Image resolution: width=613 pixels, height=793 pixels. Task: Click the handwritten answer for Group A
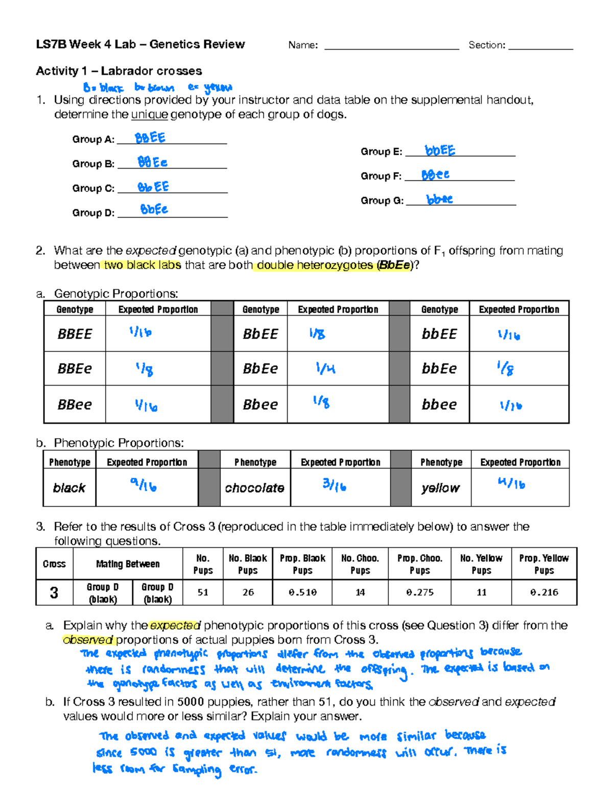click(x=150, y=138)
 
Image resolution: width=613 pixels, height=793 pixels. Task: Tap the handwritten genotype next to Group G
click(x=439, y=200)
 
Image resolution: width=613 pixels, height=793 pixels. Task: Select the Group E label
click(x=381, y=152)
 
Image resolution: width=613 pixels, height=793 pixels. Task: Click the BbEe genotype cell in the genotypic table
click(x=260, y=368)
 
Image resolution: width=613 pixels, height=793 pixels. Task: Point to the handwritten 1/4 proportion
click(x=325, y=368)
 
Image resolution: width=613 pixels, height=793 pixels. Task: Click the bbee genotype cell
click(x=439, y=404)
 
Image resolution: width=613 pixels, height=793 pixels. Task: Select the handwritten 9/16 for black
click(x=143, y=484)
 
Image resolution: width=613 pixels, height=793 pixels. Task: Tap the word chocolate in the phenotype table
click(x=254, y=488)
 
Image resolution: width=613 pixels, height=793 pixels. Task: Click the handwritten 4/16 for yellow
click(x=511, y=483)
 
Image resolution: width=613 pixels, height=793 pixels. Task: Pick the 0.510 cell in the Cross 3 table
click(x=302, y=592)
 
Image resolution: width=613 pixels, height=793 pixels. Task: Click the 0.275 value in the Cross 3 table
click(x=419, y=592)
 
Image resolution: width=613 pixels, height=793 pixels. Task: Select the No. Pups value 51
click(x=203, y=592)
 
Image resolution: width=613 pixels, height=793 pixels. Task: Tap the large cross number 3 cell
click(x=54, y=593)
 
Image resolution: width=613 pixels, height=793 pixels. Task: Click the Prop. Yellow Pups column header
click(x=544, y=564)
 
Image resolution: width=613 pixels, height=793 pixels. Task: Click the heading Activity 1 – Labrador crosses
click(x=119, y=71)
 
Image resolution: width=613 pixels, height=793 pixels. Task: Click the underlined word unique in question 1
click(x=149, y=114)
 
